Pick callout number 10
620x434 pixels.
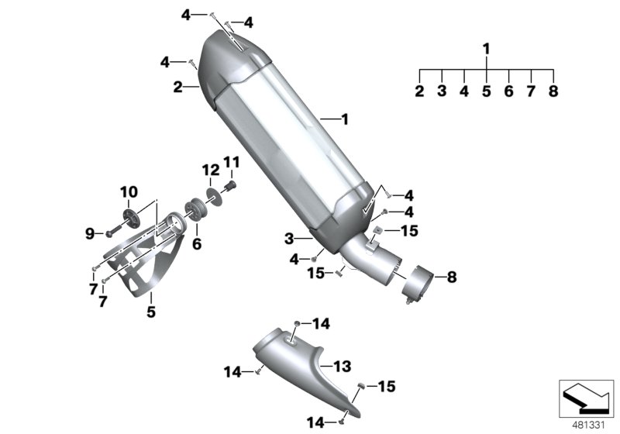(x=128, y=191)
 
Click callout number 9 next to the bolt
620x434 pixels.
(x=89, y=232)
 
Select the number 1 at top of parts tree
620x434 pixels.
(x=486, y=50)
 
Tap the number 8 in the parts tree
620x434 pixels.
(x=553, y=91)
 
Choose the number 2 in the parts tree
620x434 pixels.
(x=419, y=91)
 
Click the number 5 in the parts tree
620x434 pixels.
(x=486, y=91)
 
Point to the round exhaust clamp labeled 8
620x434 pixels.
(x=417, y=283)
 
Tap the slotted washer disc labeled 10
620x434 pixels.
(x=129, y=212)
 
